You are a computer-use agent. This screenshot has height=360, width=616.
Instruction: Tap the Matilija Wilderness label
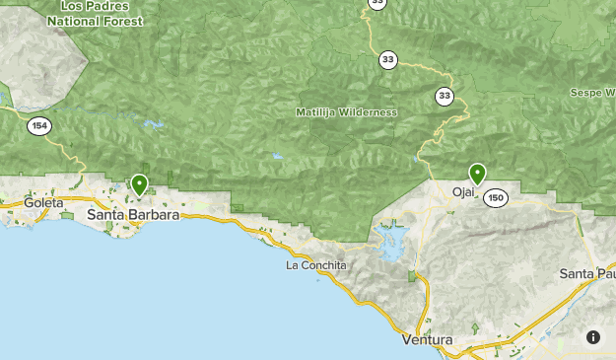click(346, 112)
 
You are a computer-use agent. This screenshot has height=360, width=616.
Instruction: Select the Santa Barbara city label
click(133, 214)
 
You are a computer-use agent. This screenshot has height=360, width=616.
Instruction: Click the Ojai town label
click(463, 192)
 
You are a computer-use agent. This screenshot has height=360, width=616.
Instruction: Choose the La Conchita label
click(316, 265)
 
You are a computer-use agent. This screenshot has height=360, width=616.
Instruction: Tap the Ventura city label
click(428, 340)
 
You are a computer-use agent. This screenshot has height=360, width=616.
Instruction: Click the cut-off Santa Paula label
click(587, 273)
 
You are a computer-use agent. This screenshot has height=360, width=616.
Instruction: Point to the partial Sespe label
click(592, 93)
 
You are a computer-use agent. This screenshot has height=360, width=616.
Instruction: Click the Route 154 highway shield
click(39, 125)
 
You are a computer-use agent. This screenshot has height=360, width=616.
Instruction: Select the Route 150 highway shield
click(496, 198)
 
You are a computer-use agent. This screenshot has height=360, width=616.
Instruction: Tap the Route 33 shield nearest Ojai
click(446, 96)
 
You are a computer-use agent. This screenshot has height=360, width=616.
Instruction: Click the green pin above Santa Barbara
click(140, 184)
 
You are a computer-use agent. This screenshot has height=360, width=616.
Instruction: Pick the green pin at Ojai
click(478, 175)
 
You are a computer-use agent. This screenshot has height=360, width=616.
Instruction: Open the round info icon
click(593, 337)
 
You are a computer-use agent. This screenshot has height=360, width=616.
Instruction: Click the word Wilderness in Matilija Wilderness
click(367, 112)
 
